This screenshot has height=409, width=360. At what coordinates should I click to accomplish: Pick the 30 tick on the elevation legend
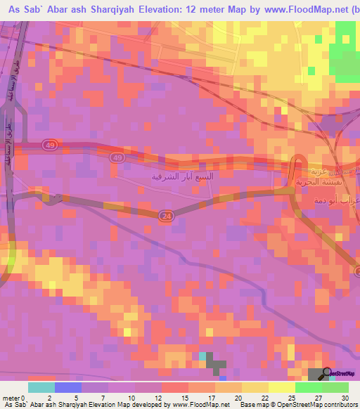coord(344,397)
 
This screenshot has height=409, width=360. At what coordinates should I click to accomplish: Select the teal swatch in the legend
coord(41,387)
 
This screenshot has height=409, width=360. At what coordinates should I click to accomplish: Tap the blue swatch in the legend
coord(68,387)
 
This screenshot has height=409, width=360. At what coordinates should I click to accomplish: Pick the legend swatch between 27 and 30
coord(335,387)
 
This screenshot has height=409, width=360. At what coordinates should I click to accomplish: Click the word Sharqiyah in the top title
coord(115,8)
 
